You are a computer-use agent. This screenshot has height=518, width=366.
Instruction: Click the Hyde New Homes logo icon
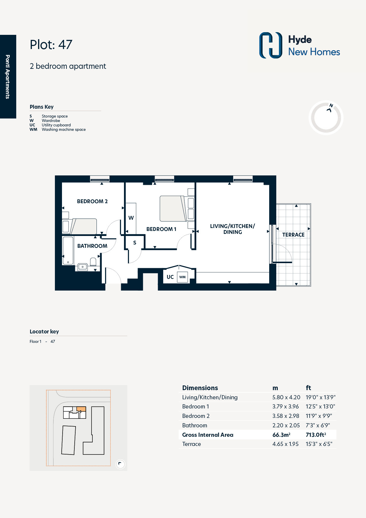(x=271, y=45)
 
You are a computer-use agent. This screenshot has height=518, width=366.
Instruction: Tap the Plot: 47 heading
(x=51, y=45)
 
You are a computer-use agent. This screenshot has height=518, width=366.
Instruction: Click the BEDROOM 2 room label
(x=92, y=201)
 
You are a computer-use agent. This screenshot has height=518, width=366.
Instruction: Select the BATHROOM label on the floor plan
(x=92, y=246)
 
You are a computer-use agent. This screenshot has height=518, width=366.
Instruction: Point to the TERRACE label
(x=293, y=235)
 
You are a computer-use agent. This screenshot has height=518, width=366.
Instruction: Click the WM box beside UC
(x=182, y=277)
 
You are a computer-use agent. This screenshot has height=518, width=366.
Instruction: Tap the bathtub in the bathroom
(x=68, y=251)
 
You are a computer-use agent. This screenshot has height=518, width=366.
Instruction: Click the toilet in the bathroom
(x=93, y=262)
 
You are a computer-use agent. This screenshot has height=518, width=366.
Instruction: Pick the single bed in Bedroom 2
(x=79, y=226)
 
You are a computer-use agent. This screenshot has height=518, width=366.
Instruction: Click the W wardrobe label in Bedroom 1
(x=131, y=218)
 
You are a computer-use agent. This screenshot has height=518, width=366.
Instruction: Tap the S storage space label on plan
(x=135, y=243)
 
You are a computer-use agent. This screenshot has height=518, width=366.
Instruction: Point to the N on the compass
(x=331, y=105)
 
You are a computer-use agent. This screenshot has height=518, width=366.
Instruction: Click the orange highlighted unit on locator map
(x=81, y=409)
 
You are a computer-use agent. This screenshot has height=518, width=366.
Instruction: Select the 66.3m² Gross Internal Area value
(x=281, y=435)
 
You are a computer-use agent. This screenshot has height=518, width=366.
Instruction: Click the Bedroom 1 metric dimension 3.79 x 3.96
(x=285, y=407)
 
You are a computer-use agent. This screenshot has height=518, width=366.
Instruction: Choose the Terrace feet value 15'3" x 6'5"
(x=319, y=444)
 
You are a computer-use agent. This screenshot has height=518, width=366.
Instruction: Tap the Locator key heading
(x=44, y=332)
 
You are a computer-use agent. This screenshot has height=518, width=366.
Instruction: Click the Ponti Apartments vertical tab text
(x=8, y=77)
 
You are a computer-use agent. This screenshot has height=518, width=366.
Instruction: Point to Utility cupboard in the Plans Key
(x=56, y=125)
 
